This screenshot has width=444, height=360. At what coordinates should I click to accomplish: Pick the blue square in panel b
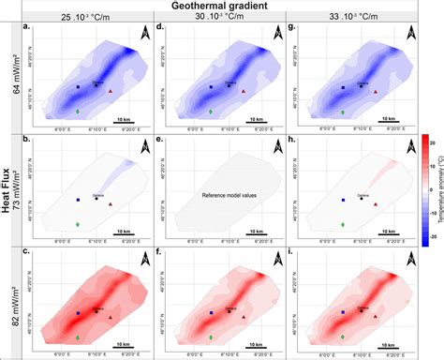click(78, 200)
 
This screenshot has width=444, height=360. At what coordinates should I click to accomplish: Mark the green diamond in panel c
click(78, 335)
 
